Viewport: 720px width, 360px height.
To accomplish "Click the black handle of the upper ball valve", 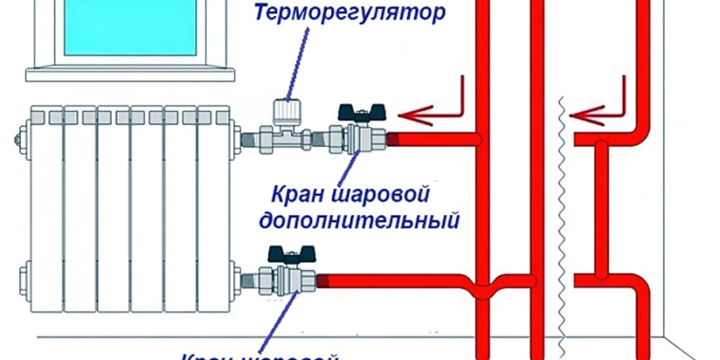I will tap(358, 113).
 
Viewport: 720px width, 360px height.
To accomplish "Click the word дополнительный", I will tap(359, 220).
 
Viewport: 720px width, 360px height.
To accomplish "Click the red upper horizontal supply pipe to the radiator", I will tap(432, 139).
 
